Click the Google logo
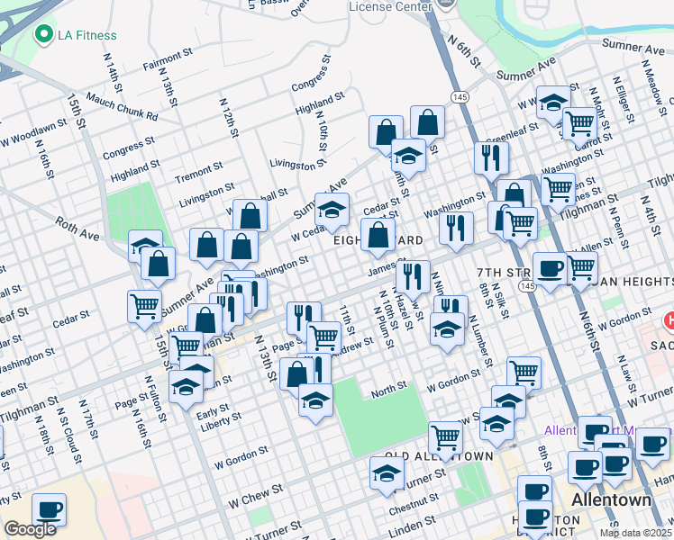30,529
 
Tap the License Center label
390,6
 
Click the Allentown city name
610,499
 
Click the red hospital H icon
669,320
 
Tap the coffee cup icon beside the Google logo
49,509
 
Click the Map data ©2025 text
634,533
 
